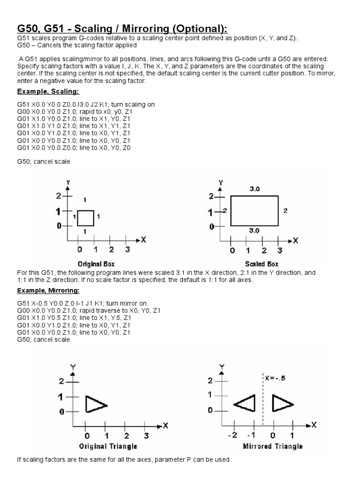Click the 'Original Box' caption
(96, 264)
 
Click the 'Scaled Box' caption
(262, 264)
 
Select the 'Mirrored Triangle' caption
(273, 446)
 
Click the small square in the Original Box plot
(86, 218)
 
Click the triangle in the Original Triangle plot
(96, 404)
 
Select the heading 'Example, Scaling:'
(48, 91)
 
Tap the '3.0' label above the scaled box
(255, 188)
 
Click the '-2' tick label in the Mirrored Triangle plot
(233, 435)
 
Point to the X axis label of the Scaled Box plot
(295, 240)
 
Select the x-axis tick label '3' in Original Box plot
(127, 250)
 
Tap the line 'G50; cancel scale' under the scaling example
(44, 162)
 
